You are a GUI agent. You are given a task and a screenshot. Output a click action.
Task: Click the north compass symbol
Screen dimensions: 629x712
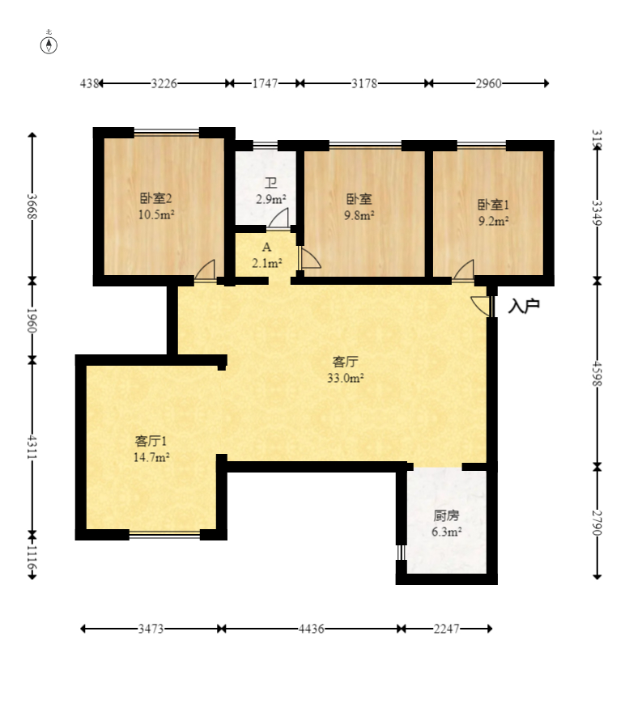click(x=49, y=45)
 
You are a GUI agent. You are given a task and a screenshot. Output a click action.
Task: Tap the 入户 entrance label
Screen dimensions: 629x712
click(x=524, y=306)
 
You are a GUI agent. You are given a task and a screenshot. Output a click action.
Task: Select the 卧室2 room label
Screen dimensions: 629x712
click(x=156, y=198)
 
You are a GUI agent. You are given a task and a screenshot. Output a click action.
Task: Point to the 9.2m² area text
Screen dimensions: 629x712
click(x=493, y=221)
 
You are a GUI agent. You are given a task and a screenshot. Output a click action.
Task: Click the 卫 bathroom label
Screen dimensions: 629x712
click(x=271, y=183)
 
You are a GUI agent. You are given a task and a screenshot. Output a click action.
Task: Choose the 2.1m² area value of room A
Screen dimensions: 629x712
click(x=267, y=263)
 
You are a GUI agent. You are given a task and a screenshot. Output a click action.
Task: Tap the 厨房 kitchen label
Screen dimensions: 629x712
click(x=446, y=515)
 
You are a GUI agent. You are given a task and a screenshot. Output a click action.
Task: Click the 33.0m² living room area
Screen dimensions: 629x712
click(x=346, y=378)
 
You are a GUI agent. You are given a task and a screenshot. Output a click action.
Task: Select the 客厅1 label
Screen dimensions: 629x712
click(x=151, y=441)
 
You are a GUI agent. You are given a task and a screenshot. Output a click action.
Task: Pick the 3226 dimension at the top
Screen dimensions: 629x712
click(x=164, y=83)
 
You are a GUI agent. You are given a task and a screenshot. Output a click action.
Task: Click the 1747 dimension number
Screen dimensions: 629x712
click(x=265, y=83)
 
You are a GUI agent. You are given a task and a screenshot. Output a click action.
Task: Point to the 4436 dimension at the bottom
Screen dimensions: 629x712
click(x=312, y=629)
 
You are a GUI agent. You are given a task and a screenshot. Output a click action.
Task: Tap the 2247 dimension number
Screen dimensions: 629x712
click(x=446, y=629)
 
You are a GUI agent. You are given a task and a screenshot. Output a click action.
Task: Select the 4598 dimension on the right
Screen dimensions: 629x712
click(x=597, y=374)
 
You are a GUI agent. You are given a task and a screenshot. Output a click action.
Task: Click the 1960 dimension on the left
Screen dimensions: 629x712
click(x=32, y=320)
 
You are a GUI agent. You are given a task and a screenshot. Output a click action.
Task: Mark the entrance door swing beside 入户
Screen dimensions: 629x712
click(x=480, y=304)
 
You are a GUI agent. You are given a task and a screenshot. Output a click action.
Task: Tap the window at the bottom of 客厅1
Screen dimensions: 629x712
click(x=164, y=535)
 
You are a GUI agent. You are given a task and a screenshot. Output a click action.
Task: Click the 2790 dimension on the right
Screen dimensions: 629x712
click(x=597, y=523)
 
